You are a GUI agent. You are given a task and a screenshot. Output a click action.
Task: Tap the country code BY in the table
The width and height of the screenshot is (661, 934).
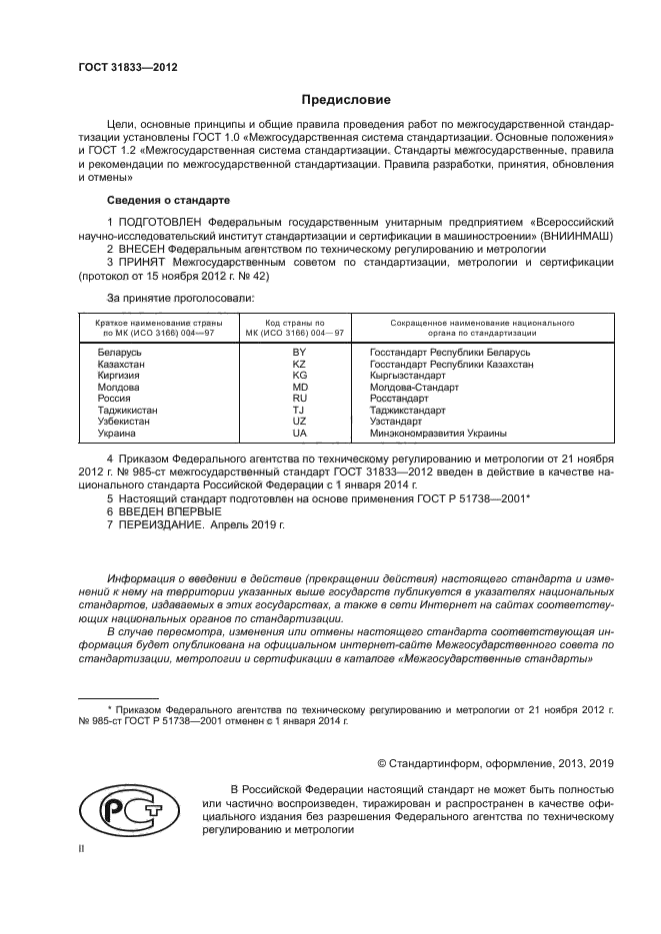point(298,353)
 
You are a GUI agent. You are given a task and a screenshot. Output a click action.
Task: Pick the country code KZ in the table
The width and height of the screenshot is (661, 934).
point(298,366)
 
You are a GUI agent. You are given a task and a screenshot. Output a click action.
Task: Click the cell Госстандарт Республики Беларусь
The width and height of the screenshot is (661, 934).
point(449,353)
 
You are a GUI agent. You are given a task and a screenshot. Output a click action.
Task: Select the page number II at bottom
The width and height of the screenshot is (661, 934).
point(82,849)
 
